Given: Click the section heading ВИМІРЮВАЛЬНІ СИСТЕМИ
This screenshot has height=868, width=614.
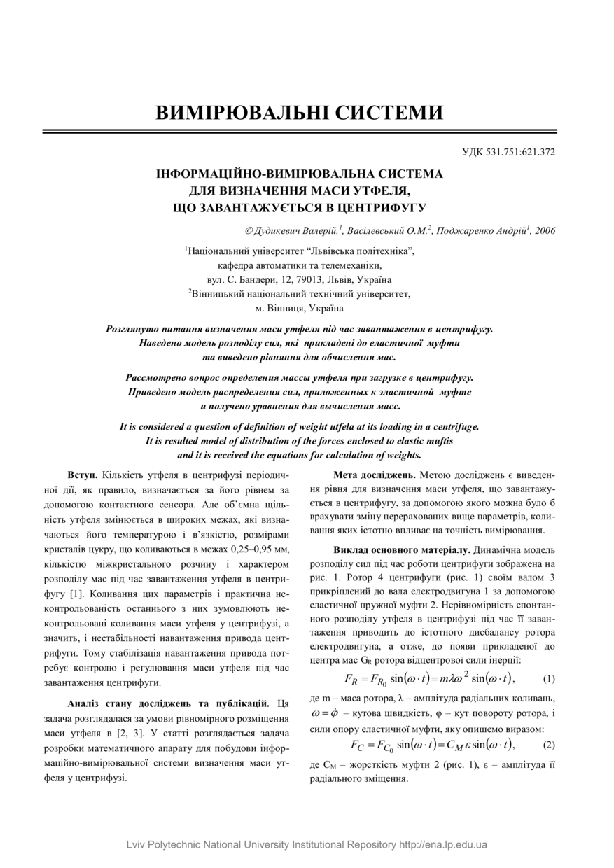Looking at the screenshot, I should [x=299, y=113].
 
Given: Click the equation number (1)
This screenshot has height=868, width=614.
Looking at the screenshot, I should [x=549, y=678].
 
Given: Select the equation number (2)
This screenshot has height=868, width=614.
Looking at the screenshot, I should [x=549, y=744].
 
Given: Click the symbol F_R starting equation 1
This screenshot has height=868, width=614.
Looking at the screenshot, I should [x=352, y=679].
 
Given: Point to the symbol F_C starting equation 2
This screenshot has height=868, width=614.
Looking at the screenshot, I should [x=357, y=745].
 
